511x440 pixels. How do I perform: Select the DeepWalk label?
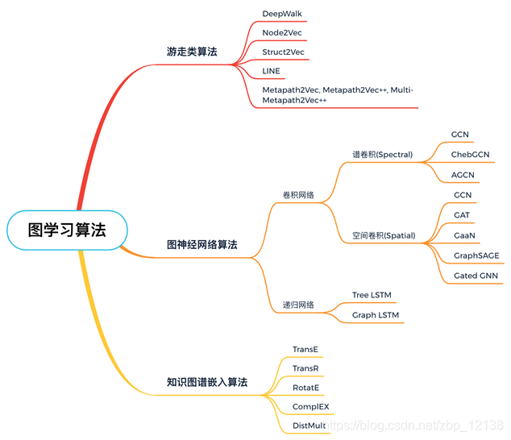282,14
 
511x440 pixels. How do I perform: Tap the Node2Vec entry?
282,33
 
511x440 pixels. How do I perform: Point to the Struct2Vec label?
284,52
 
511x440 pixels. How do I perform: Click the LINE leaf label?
272,72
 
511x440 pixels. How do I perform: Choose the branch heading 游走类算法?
191,52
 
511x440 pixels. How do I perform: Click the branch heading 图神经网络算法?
201,244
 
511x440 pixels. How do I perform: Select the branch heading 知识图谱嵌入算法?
207,382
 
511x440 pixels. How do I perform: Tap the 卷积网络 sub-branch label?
298,195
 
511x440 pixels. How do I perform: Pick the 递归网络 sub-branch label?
298,305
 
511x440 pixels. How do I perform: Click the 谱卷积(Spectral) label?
382,154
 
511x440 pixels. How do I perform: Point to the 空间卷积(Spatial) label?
384,236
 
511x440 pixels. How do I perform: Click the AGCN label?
463,174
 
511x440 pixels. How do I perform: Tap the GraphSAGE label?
476,255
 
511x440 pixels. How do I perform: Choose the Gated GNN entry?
476,276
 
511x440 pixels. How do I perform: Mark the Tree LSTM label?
372,295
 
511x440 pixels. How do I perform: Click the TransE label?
305,350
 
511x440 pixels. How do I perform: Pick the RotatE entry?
305,388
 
